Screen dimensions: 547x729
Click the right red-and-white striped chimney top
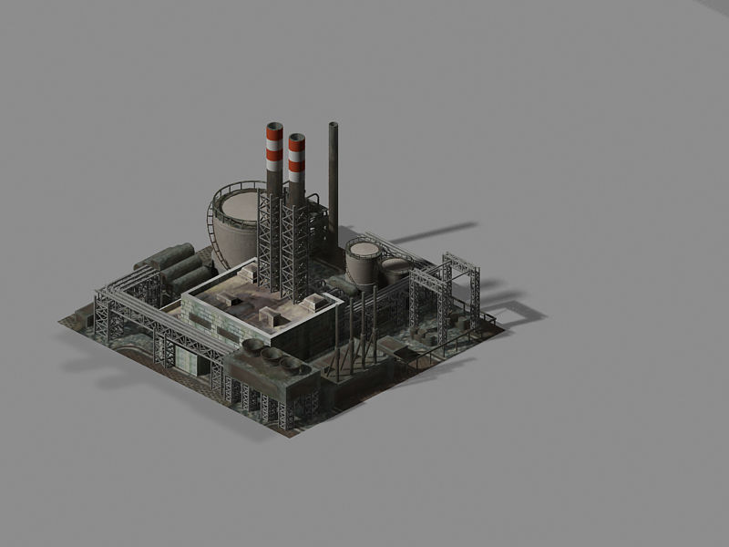[296, 141]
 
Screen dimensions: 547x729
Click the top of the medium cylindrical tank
[364, 249]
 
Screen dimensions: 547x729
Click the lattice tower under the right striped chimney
[294, 246]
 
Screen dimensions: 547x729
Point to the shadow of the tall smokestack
[428, 232]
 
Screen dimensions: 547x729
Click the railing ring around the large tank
[215, 223]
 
